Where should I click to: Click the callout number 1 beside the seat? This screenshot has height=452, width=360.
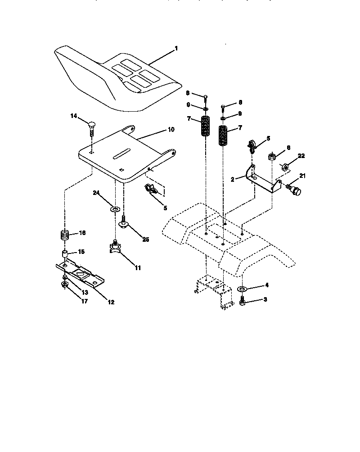click(176, 48)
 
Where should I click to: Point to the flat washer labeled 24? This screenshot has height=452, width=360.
click(115, 209)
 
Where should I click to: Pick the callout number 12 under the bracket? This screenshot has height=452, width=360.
click(110, 302)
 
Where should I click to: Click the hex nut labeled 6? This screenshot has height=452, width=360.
click(272, 157)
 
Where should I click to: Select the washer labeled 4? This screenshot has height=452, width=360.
click(242, 288)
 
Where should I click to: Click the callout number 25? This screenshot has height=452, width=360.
click(146, 240)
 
